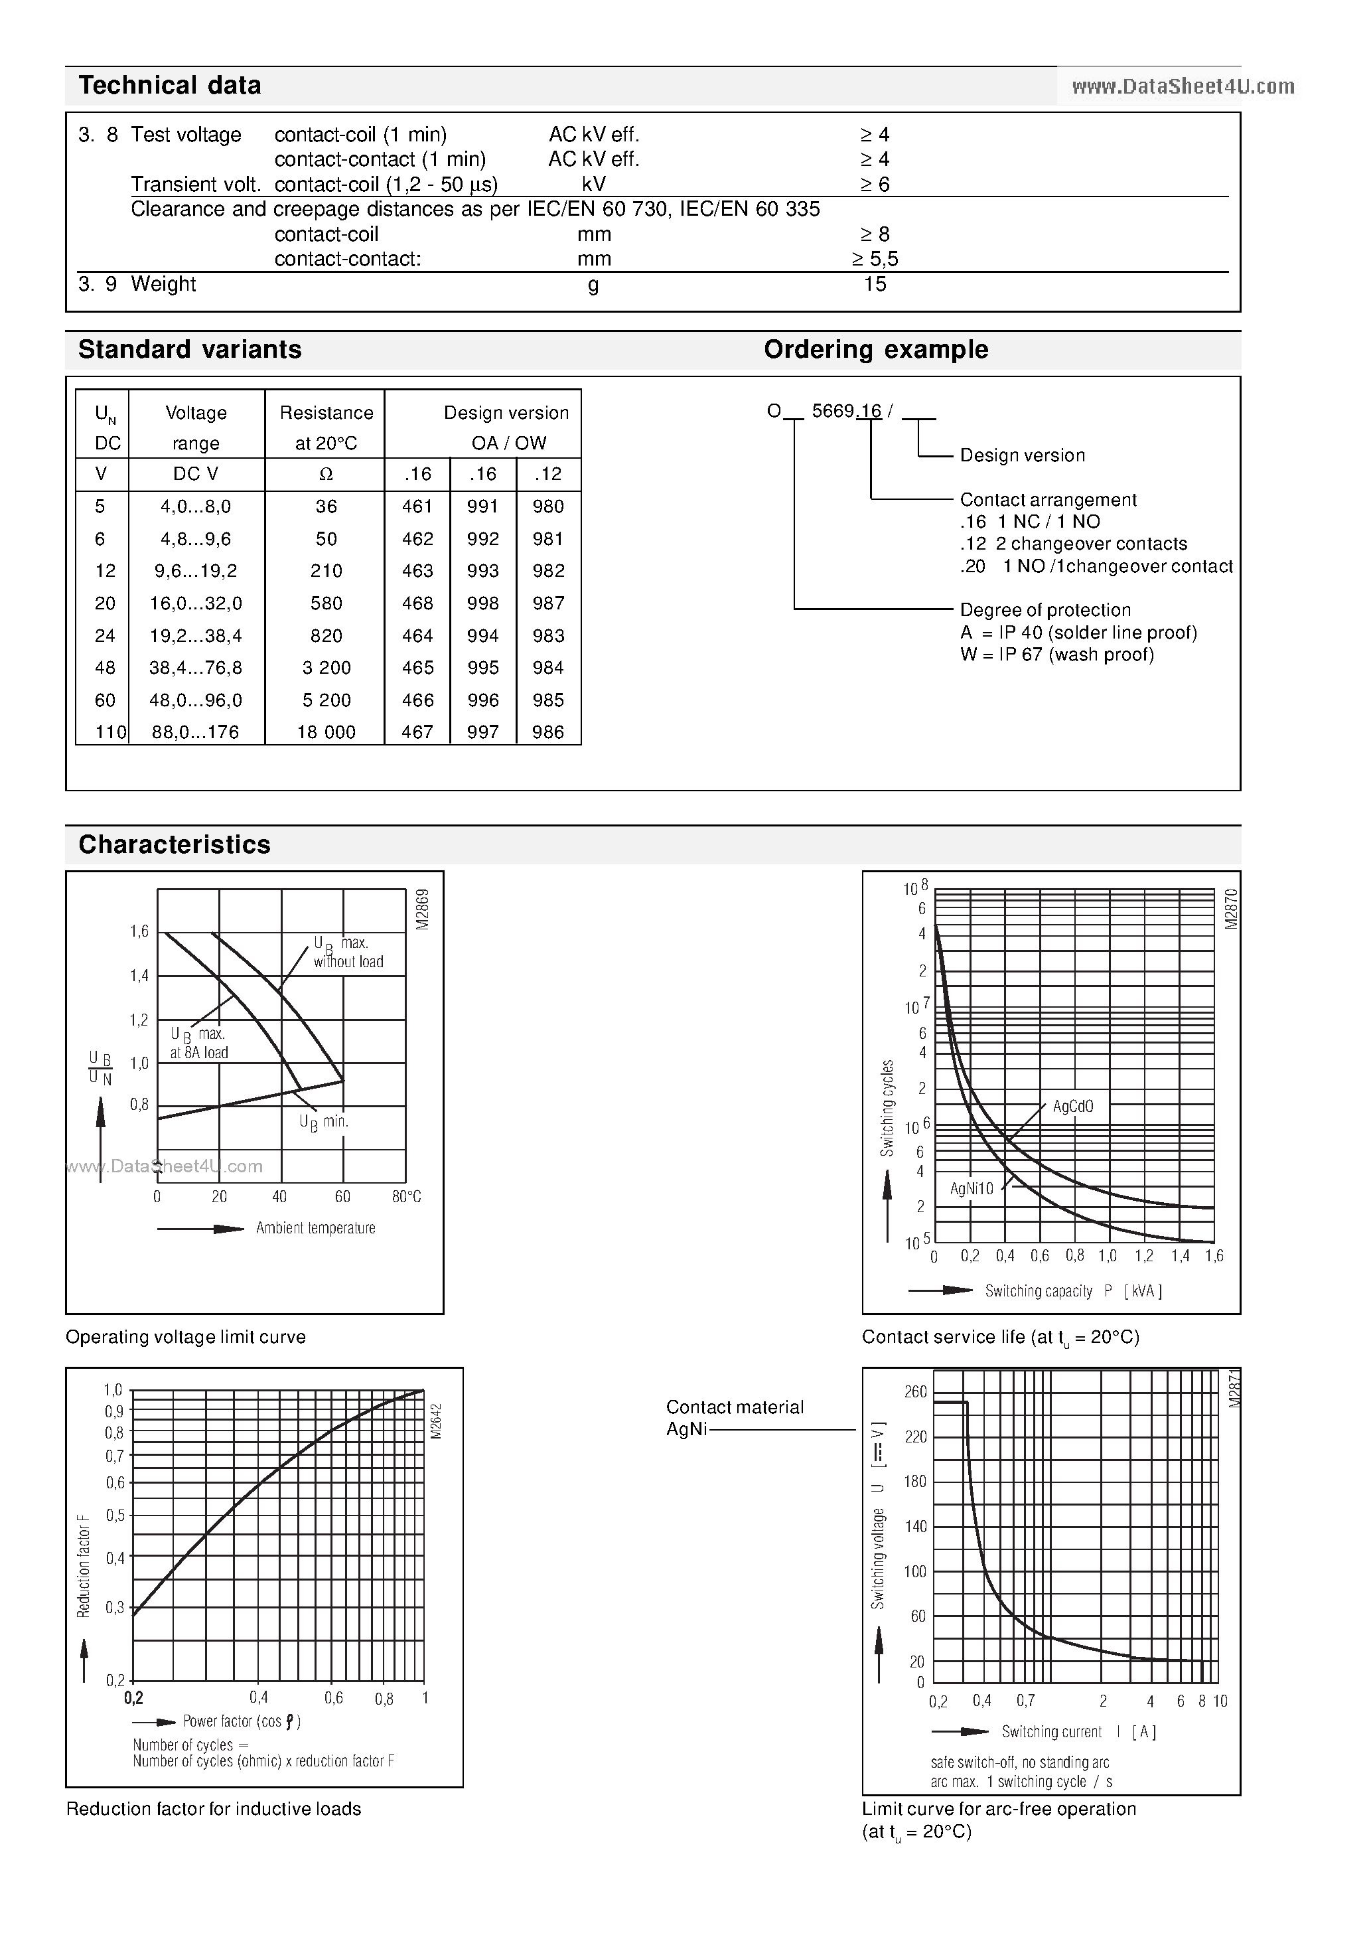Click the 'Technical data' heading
coord(169,86)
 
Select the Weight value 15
coord(875,284)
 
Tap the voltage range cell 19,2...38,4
coord(196,636)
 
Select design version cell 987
coord(547,603)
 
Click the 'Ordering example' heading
coord(876,350)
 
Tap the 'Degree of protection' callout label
coord(1045,610)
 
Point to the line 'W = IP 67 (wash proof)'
coord(1056,655)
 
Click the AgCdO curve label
coord(1072,1107)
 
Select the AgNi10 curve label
coord(972,1189)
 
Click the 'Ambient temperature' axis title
coord(315,1228)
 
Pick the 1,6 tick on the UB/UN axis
coord(139,931)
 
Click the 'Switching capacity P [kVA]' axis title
coord(1072,1291)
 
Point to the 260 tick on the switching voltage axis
coord(915,1391)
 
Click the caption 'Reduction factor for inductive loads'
coord(213,1809)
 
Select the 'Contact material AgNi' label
coord(734,1419)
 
